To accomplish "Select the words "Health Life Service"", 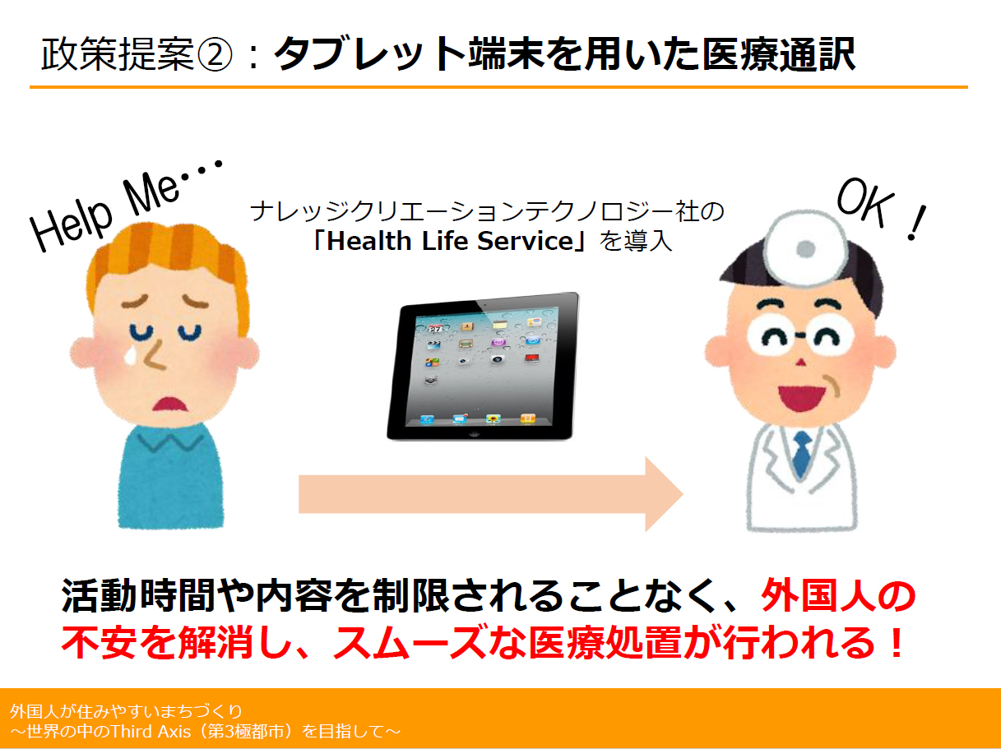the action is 450,241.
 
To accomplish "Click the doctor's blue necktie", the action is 802,454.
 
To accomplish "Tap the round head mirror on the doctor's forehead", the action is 805,247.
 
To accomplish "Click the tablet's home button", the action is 475,433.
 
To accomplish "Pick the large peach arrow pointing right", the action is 490,494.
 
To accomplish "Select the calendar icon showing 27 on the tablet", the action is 435,328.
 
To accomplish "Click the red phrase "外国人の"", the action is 838,595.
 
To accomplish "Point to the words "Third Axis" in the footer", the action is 151,732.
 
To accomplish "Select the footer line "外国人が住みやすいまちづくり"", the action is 126,711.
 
